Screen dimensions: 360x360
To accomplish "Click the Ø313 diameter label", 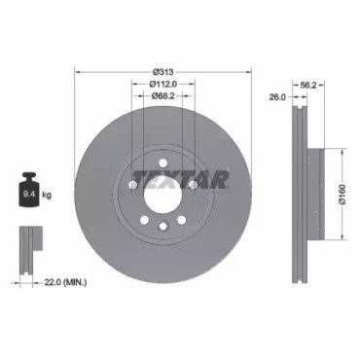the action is click(163, 72).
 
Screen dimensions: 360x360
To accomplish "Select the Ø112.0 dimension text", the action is click(163, 84).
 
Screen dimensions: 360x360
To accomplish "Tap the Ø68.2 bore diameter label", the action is click(163, 95).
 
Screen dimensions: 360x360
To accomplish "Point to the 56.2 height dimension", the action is click(308, 85).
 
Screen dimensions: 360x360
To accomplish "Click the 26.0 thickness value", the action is click(277, 96).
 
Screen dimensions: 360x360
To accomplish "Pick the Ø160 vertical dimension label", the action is click(342, 195).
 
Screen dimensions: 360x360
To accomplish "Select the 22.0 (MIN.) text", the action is click(65, 282).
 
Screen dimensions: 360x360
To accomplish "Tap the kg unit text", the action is click(47, 195).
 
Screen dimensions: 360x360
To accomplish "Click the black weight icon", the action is click(29, 190).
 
